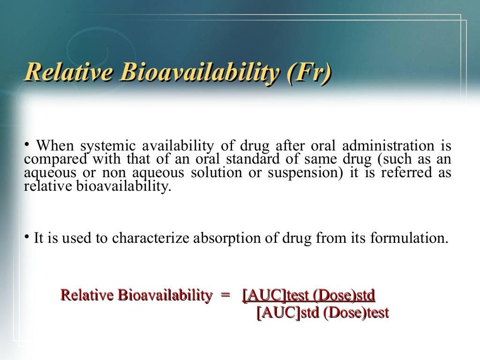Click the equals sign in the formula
click(x=225, y=295)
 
